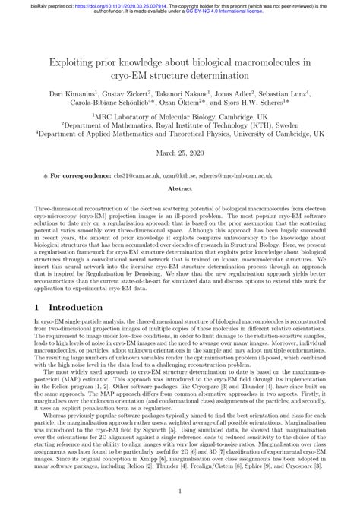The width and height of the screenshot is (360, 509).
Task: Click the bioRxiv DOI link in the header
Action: point(106,4)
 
